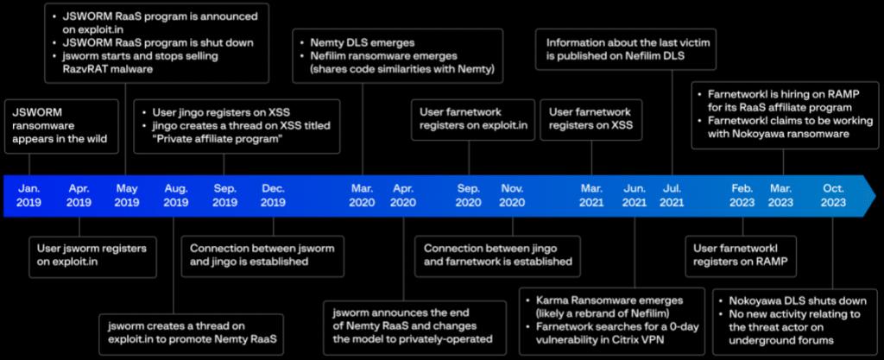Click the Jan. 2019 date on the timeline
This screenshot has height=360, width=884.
[28, 194]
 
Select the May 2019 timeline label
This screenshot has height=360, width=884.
[127, 194]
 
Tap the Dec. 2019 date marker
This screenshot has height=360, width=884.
[274, 194]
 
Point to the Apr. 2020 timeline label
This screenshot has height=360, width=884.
[403, 194]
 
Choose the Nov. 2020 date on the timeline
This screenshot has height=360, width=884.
[512, 194]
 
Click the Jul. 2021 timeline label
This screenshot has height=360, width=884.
[672, 194]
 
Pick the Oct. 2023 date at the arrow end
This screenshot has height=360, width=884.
[833, 194]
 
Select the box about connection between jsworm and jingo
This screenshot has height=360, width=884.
[262, 255]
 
